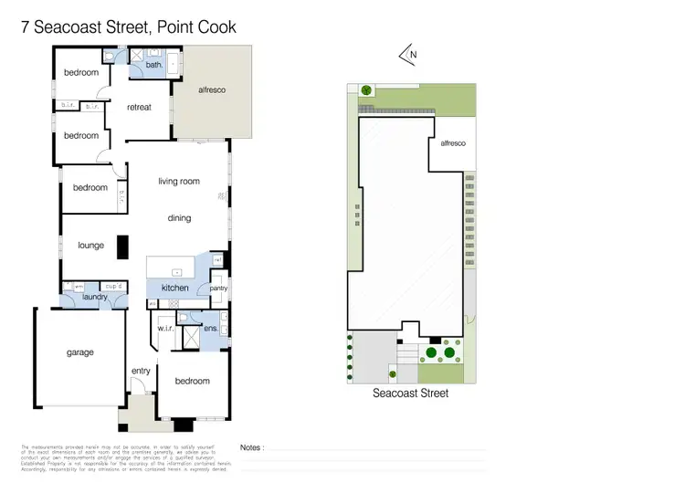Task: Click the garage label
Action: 79,352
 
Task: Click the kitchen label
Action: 174,289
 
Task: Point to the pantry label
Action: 218,289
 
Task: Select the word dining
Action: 179,218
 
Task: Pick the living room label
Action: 178,182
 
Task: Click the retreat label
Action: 138,106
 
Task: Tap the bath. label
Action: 153,65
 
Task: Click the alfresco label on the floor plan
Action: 212,90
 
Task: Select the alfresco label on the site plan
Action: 453,143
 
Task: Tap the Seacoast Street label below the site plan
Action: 410,394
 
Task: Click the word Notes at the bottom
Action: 252,448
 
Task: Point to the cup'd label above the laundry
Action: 114,286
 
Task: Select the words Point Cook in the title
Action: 196,27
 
